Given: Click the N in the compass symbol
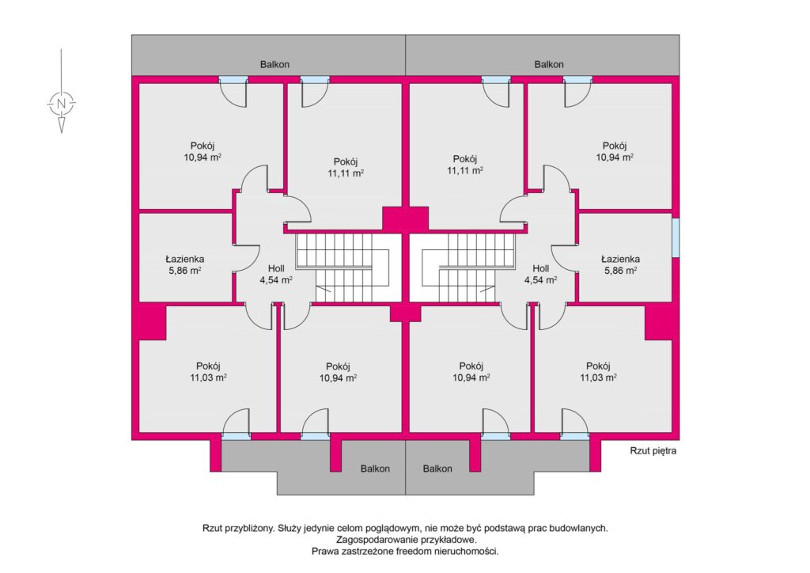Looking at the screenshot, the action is pyautogui.click(x=62, y=103).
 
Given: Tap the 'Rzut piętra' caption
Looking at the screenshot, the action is pyautogui.click(x=653, y=450).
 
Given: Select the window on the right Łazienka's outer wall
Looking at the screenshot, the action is pyautogui.click(x=676, y=237).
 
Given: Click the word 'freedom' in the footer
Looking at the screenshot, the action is pyautogui.click(x=416, y=552).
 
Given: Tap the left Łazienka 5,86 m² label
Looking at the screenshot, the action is pyautogui.click(x=185, y=264).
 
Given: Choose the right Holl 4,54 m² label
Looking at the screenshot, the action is pyautogui.click(x=541, y=274).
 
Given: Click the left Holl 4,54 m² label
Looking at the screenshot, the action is pyautogui.click(x=276, y=274).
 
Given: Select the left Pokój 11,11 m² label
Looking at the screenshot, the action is pyautogui.click(x=346, y=168).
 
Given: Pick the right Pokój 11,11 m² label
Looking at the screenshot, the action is pyautogui.click(x=465, y=165).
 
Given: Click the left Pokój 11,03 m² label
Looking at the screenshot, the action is pyautogui.click(x=208, y=371).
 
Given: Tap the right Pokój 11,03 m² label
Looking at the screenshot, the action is pyautogui.click(x=598, y=371).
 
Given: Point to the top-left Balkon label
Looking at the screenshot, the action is pyautogui.click(x=274, y=65).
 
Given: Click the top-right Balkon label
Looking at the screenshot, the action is pyautogui.click(x=549, y=65).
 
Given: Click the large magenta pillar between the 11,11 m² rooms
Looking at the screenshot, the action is pyautogui.click(x=406, y=218).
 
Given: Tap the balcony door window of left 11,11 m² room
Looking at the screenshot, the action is pyautogui.click(x=315, y=80).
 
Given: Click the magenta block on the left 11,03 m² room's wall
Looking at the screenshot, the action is pyautogui.click(x=152, y=322).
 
